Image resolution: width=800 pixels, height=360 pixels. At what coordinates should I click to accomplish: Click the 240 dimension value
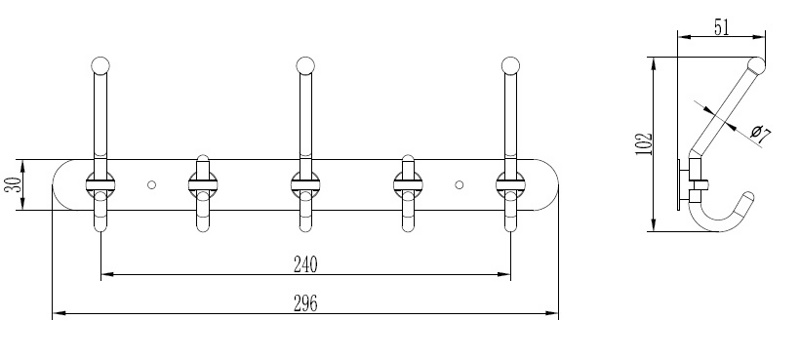305,264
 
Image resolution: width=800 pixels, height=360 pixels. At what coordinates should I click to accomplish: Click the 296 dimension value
305,303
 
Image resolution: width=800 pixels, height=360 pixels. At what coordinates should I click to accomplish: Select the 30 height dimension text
14,184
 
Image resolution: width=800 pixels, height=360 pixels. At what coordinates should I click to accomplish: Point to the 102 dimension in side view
644,144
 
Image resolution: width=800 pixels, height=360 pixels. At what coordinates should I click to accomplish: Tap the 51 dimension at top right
721,28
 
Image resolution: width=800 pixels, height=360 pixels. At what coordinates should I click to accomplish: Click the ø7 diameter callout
761,135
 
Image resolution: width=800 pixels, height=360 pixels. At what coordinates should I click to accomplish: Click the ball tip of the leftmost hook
101,65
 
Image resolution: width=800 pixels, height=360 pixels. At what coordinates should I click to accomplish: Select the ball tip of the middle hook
305,65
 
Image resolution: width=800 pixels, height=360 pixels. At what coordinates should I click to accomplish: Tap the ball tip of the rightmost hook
510,65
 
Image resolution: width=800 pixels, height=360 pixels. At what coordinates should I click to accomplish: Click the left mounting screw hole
152,185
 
